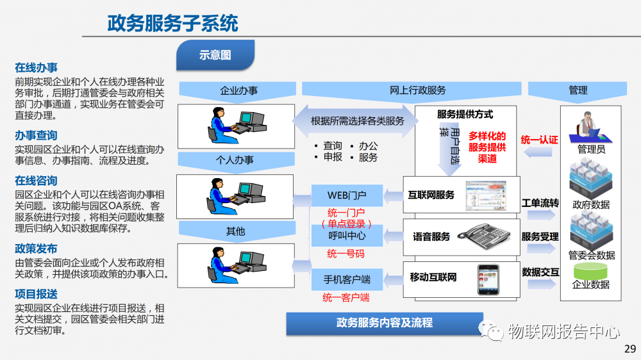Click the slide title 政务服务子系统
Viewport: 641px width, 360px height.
pyautogui.click(x=172, y=24)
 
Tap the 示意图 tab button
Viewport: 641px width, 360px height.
pyautogui.click(x=215, y=55)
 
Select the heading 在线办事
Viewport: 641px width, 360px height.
pyautogui.click(x=36, y=67)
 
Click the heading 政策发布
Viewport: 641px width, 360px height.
pyautogui.click(x=36, y=249)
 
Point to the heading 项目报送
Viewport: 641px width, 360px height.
pyautogui.click(x=36, y=294)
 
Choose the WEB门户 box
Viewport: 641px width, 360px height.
pyautogui.click(x=347, y=194)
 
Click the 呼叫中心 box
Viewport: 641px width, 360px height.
pyautogui.click(x=347, y=235)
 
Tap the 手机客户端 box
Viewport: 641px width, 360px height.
pyautogui.click(x=347, y=279)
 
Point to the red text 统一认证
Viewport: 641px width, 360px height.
pyautogui.click(x=539, y=140)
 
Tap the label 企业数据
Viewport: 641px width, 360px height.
pyautogui.click(x=591, y=284)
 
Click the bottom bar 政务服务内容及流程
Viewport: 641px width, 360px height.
pyautogui.click(x=384, y=323)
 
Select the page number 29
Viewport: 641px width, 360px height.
pyautogui.click(x=629, y=349)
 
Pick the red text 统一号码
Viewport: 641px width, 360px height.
pyautogui.click(x=345, y=254)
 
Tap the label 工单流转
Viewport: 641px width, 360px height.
pyautogui.click(x=540, y=203)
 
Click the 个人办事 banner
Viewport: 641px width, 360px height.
pyautogui.click(x=237, y=160)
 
